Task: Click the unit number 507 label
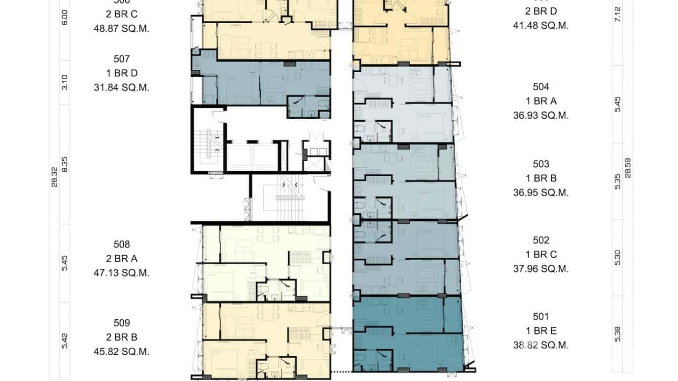click(122, 59)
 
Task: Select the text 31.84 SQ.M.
click(122, 87)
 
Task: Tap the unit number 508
click(122, 245)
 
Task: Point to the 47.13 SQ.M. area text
click(122, 273)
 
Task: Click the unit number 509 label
click(122, 323)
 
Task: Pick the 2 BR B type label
click(122, 337)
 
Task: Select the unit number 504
click(541, 87)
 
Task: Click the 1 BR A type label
click(541, 101)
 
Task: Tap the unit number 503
click(541, 164)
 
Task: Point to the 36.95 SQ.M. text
click(541, 193)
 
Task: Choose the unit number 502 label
click(541, 240)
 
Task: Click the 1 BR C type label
click(541, 254)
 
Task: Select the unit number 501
click(541, 317)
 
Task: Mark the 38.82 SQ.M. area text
click(541, 346)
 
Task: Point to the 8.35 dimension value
click(64, 164)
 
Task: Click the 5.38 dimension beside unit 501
click(617, 334)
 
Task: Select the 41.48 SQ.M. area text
click(541, 25)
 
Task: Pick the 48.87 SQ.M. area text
click(122, 29)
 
